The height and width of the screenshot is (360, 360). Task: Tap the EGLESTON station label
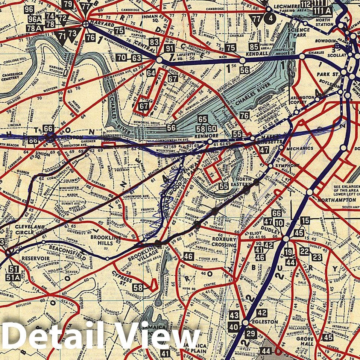click(267, 322)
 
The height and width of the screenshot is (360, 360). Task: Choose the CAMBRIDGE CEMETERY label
click(12, 77)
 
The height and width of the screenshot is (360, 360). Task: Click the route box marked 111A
click(322, 11)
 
